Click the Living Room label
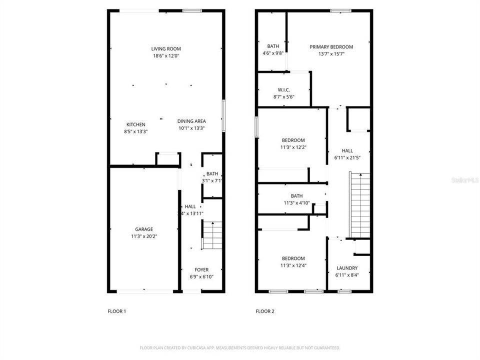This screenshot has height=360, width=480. point(166,49)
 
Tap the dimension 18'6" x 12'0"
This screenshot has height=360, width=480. point(166,56)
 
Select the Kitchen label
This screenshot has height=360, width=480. point(135,124)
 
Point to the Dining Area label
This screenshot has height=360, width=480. point(191,121)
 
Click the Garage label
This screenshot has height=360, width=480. point(144,229)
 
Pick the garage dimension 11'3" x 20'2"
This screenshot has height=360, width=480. point(144,236)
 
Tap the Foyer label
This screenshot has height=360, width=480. point(201,270)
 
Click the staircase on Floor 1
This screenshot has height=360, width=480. point(211,236)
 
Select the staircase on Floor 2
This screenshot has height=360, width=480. point(359,205)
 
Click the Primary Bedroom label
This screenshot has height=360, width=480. point(331,47)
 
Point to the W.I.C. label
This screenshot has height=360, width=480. point(284,90)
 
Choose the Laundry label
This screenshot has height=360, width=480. point(347,268)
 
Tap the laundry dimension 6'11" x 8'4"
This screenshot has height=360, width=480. point(347,275)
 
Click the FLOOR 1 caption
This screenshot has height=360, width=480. point(117,311)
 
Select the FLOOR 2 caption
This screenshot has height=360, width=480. point(265,311)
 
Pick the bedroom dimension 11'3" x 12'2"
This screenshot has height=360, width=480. point(292,147)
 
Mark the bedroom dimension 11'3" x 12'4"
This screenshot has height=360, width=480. point(292,265)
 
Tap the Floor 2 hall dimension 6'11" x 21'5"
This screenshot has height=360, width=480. point(347,157)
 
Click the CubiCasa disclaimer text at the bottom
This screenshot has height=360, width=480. point(239,347)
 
